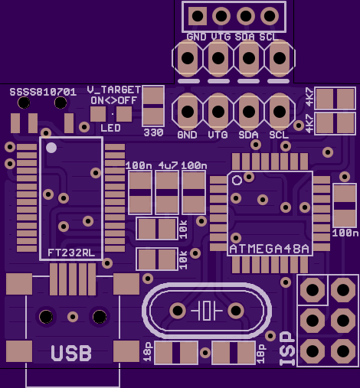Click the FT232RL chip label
(x=71, y=253)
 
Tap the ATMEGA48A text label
(x=270, y=249)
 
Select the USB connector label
(x=71, y=354)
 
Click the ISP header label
(x=287, y=348)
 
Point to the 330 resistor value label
(x=153, y=132)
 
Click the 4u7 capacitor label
(x=168, y=165)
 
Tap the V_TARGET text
(x=114, y=90)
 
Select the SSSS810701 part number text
(x=43, y=92)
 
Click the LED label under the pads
(x=110, y=128)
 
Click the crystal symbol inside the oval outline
(x=207, y=311)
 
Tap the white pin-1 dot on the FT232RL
(x=51, y=148)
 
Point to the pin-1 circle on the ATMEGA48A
(x=237, y=181)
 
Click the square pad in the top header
(x=198, y=16)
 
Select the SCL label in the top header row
(x=268, y=37)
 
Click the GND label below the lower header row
(x=187, y=135)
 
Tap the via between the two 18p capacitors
(x=205, y=353)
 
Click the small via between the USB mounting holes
(x=73, y=317)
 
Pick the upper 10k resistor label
(x=183, y=230)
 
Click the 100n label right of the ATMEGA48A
(x=345, y=233)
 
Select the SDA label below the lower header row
(x=248, y=135)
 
